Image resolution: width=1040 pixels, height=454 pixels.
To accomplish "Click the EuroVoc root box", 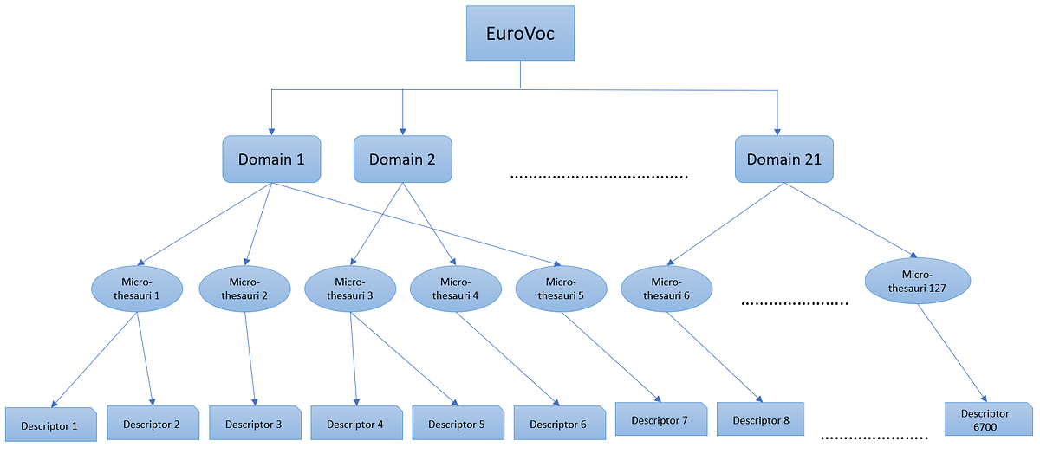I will pos(520,33).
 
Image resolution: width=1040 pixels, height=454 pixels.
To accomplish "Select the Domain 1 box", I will pos(271,159).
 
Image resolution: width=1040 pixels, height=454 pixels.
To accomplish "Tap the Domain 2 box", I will pos(402,159).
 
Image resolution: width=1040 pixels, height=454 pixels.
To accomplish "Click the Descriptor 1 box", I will pos(50,425).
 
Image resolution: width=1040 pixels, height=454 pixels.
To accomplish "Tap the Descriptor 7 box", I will pos(660,420).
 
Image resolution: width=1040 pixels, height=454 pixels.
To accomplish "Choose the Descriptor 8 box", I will pos(761,420).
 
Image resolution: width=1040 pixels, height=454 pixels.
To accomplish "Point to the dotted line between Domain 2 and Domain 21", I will pos(599,177).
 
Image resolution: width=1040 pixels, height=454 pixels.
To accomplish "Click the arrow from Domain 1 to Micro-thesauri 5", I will pos(416,223).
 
